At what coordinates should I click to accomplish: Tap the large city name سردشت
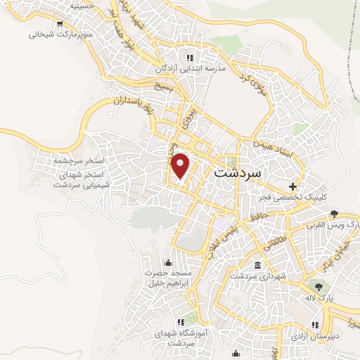click(x=236, y=171)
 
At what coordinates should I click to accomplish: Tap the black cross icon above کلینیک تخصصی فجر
click(x=292, y=186)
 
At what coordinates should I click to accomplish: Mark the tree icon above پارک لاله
click(x=319, y=287)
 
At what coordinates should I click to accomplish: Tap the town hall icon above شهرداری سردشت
click(x=258, y=265)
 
